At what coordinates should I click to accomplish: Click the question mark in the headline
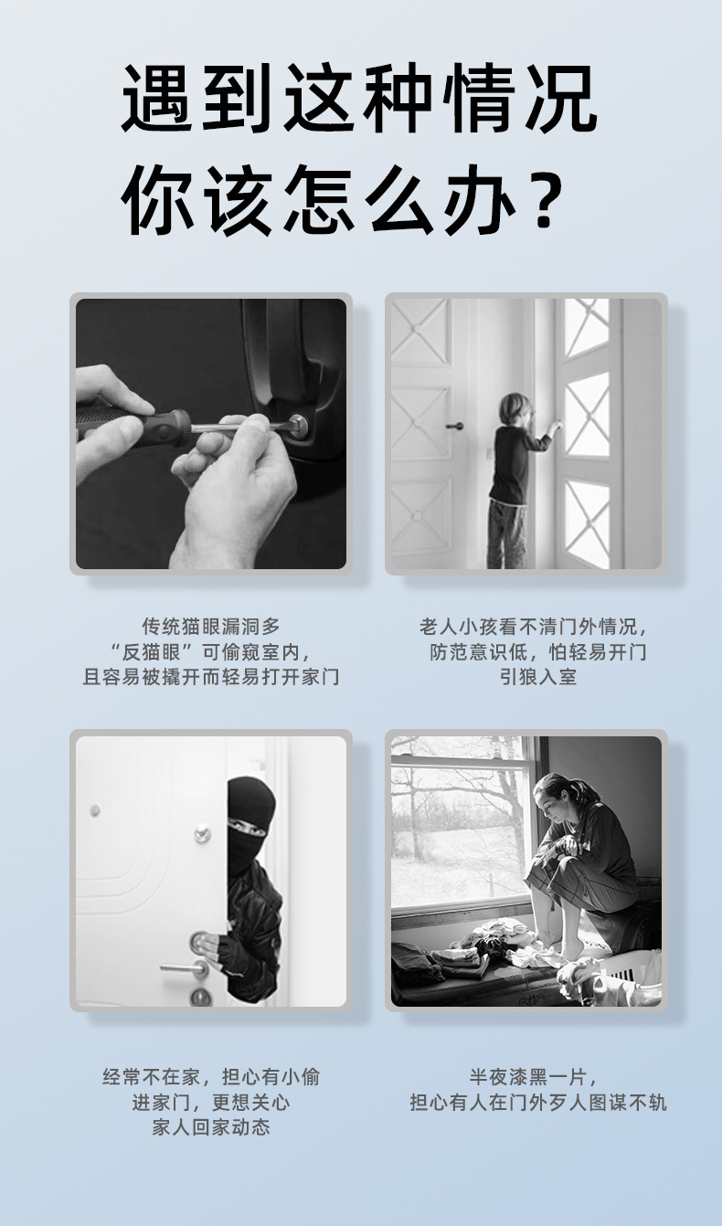[545, 198]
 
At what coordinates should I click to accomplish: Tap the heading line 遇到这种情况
[359, 100]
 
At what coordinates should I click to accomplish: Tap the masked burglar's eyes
[246, 830]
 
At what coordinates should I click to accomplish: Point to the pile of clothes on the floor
[475, 950]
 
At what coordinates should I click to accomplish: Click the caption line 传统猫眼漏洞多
[211, 627]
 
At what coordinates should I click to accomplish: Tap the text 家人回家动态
[211, 1127]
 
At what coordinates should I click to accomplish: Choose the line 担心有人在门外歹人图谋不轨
[538, 1103]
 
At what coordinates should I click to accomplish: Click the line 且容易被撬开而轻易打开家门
[211, 677]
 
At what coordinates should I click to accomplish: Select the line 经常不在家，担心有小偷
[211, 1077]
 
